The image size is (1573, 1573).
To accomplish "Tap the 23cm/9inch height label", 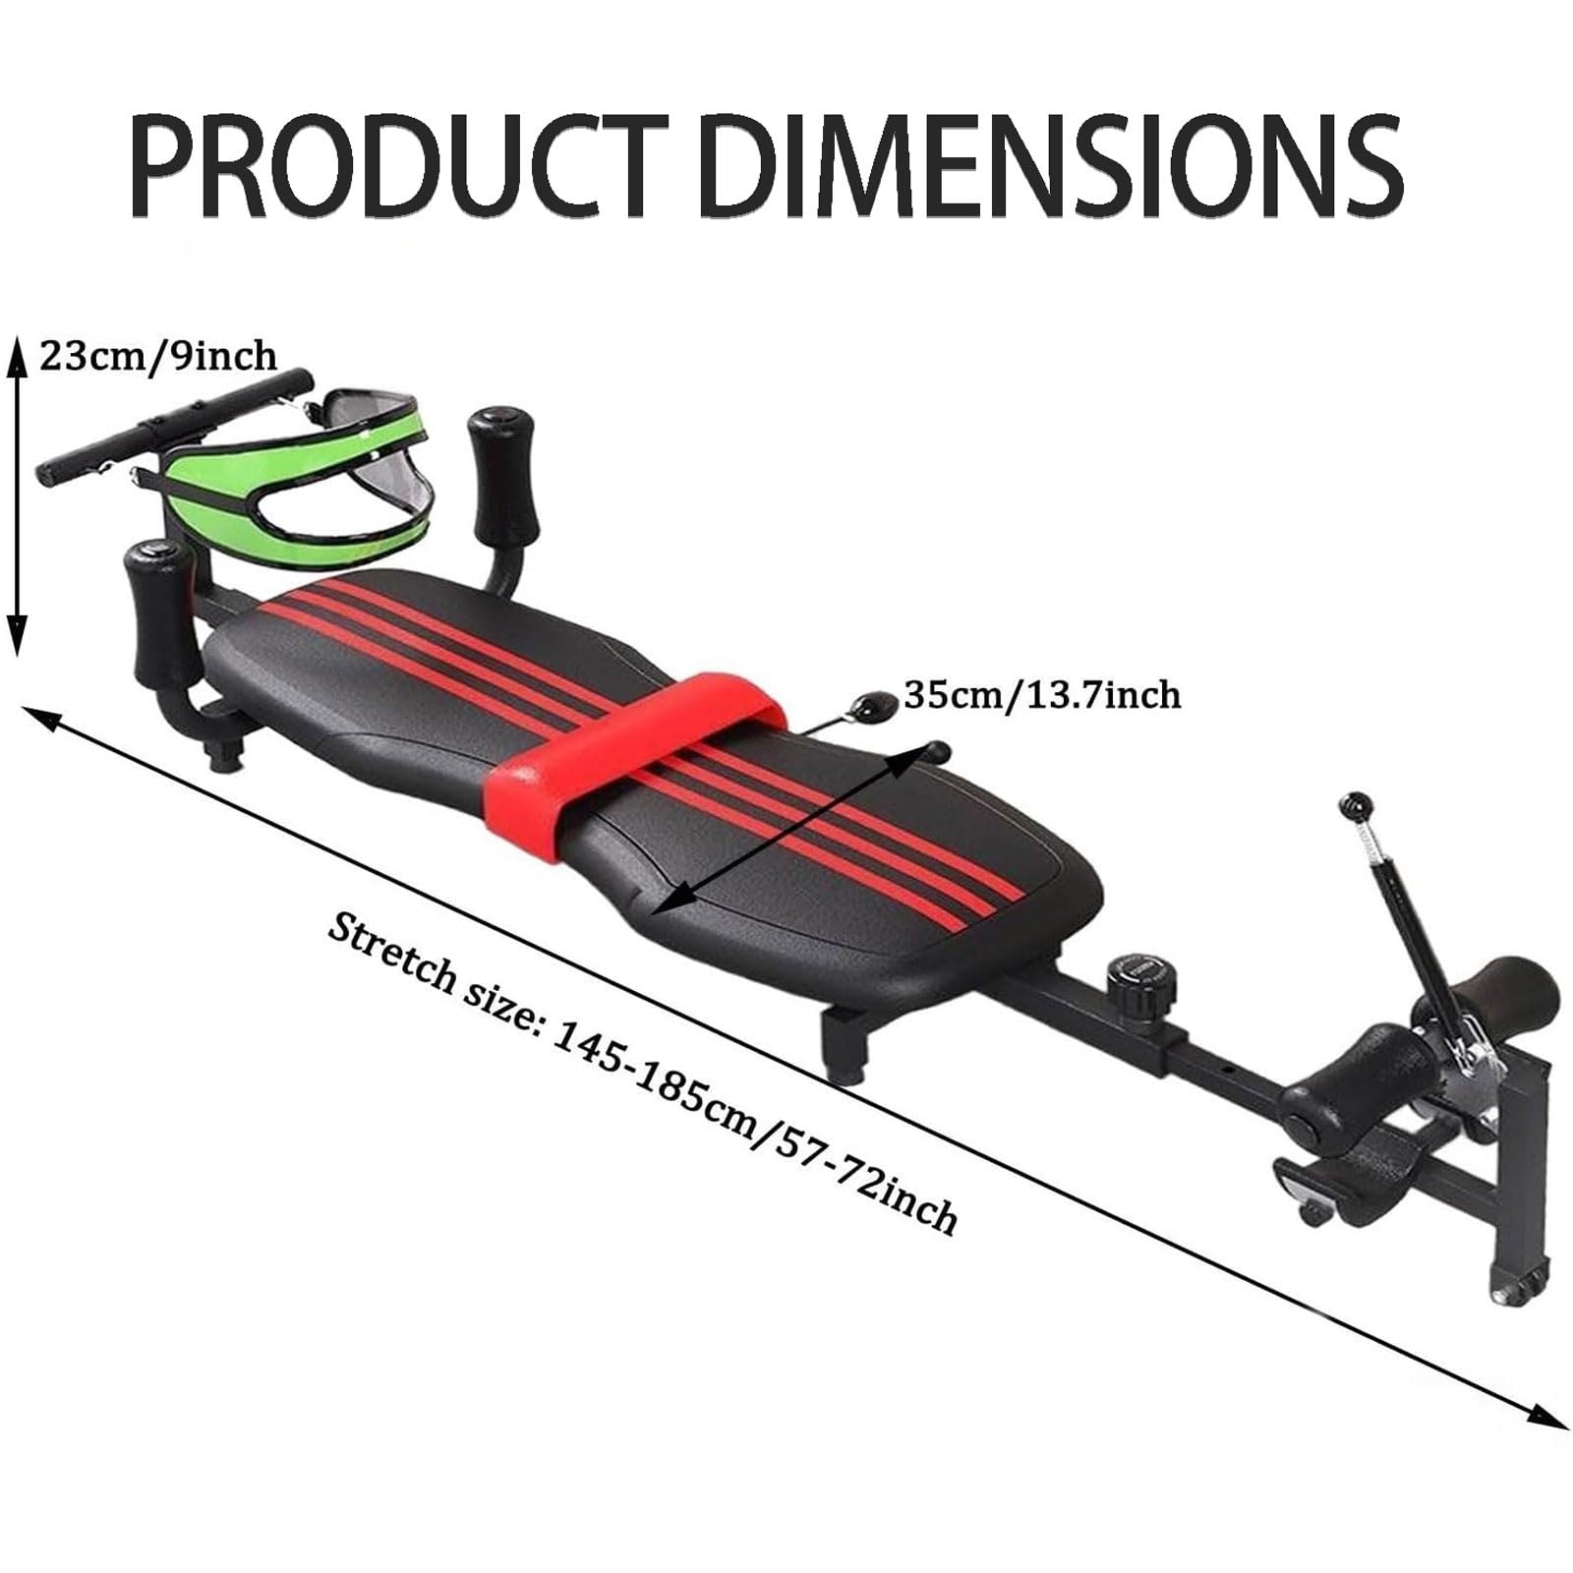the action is (157, 354).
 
